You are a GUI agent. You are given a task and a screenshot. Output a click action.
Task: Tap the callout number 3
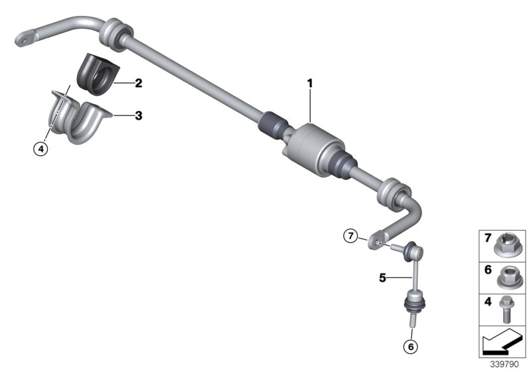[138, 116]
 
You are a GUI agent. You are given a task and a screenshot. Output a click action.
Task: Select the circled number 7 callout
[350, 235]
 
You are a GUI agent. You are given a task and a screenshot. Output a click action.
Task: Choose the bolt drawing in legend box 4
[509, 307]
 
